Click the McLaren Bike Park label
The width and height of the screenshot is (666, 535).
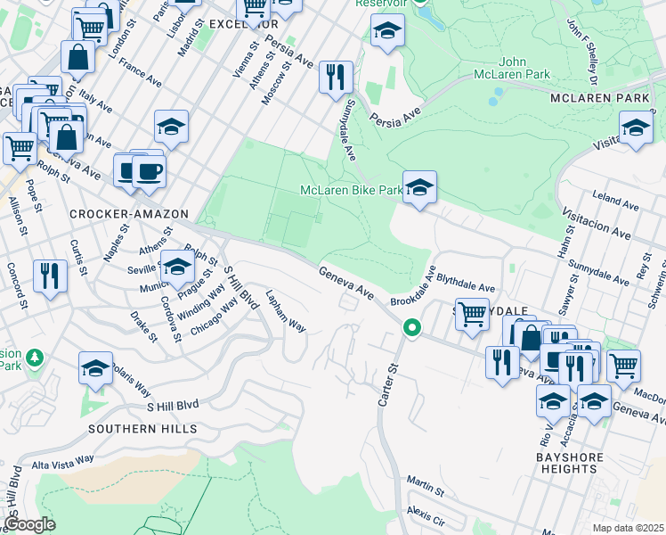(x=351, y=190)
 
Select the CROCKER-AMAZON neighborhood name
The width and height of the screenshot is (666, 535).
(x=129, y=214)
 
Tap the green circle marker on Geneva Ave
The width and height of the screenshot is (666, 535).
(x=411, y=328)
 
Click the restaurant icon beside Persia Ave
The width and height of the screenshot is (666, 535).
(x=335, y=77)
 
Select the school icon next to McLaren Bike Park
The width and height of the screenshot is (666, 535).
(x=419, y=187)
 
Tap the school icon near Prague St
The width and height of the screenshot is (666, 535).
(x=177, y=266)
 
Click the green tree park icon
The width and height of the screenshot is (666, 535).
(x=35, y=358)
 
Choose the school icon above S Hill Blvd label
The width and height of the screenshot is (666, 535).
(x=96, y=367)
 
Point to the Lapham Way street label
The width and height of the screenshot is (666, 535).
(x=286, y=313)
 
